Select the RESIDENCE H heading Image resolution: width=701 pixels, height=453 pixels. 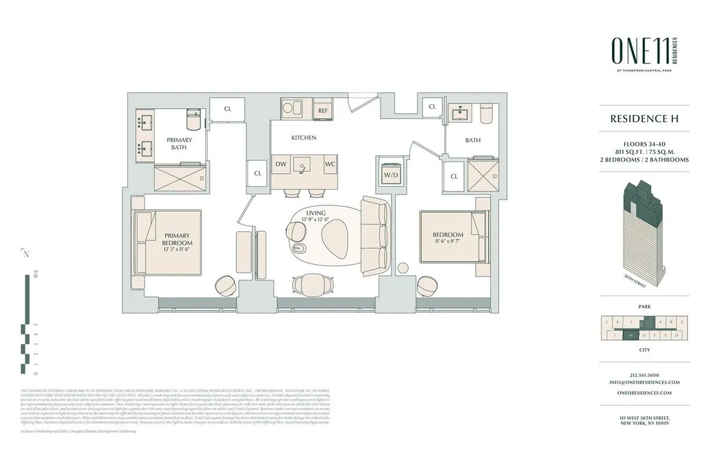(644, 118)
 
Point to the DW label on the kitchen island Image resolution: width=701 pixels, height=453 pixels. (281, 164)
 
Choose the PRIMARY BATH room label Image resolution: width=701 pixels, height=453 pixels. (179, 144)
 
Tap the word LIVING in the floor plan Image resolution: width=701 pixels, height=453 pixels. (316, 214)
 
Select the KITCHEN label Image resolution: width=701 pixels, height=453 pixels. (303, 138)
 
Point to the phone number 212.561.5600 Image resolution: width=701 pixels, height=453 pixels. (643, 374)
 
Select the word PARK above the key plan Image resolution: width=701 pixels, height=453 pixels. (643, 307)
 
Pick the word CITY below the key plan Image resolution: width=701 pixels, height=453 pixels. (643, 349)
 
